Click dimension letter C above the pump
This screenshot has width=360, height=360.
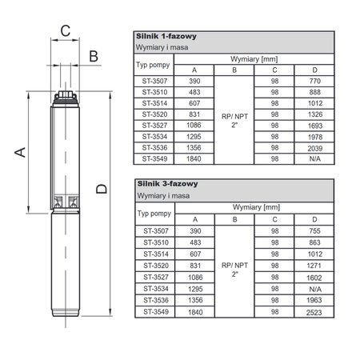(x=66, y=30)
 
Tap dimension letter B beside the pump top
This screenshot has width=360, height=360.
(x=94, y=56)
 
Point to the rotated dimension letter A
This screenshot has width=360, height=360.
(x=20, y=152)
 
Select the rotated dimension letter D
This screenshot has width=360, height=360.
(x=102, y=189)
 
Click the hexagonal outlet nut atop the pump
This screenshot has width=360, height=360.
(x=66, y=94)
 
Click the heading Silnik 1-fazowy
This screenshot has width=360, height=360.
(x=166, y=36)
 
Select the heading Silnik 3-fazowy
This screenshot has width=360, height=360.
(x=167, y=184)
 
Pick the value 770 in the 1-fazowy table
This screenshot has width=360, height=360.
(x=315, y=81)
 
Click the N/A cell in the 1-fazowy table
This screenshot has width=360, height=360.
(x=314, y=159)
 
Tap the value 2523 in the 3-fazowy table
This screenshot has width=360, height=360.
(x=314, y=313)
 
